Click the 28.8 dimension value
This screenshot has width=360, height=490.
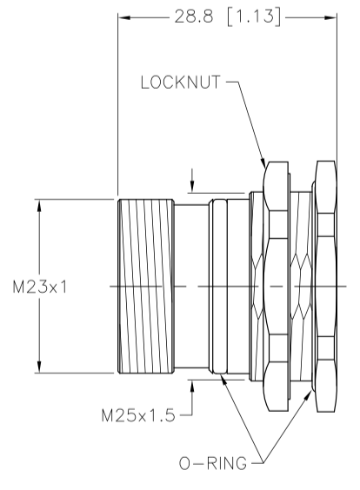pyautogui.click(x=194, y=17)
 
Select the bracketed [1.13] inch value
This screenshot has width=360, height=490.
pyautogui.click(x=254, y=17)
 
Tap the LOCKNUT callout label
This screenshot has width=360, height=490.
pyautogui.click(x=181, y=83)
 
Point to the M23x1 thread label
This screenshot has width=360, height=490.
pyautogui.click(x=40, y=287)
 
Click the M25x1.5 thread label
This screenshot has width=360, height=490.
pyautogui.click(x=138, y=415)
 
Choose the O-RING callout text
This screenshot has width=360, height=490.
pyautogui.click(x=213, y=463)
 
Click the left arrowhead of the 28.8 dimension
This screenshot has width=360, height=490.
pyautogui.click(x=124, y=17)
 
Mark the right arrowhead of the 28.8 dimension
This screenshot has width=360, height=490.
pyautogui.click(x=330, y=17)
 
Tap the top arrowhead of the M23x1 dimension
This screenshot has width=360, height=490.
pyautogui.click(x=39, y=206)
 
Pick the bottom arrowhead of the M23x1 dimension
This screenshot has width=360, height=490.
pyautogui.click(x=39, y=367)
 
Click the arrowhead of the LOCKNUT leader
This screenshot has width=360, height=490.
pyautogui.click(x=263, y=163)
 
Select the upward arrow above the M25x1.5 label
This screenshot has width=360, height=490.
pyautogui.click(x=192, y=387)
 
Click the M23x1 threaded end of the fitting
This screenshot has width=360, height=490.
pyautogui.click(x=146, y=286)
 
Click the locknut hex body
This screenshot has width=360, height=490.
pyautogui.click(x=277, y=286)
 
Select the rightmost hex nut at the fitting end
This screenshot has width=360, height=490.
pyautogui.click(x=326, y=286)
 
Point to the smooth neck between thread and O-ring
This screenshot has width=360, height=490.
pyautogui.click(x=191, y=286)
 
